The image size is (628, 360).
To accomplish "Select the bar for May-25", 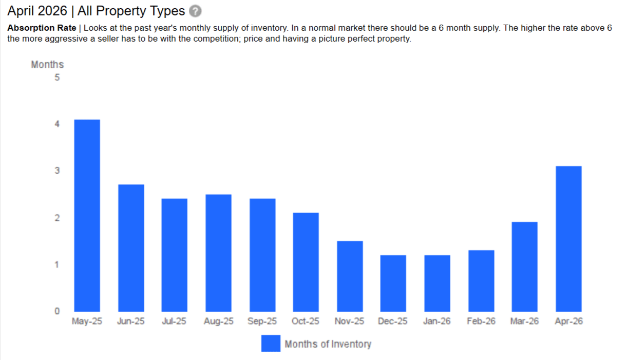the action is tap(87, 215).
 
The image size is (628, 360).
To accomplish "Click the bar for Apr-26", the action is tap(568, 239).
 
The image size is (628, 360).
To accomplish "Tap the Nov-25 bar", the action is tap(350, 276).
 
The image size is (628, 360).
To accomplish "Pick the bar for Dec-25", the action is tap(393, 283).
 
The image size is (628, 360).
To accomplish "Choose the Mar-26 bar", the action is tap(525, 267).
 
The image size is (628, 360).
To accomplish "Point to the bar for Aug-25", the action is tap(218, 253).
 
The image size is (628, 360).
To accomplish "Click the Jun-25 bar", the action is tap(131, 248).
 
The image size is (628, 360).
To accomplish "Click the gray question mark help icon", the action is tap(195, 11).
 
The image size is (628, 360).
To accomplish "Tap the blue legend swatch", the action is tap(271, 343).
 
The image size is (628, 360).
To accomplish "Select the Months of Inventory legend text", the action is tap(328, 344).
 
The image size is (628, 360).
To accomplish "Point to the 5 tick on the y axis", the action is tap(57, 78).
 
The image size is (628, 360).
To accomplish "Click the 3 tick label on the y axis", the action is tap(57, 170).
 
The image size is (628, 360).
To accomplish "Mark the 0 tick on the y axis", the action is tap(57, 311).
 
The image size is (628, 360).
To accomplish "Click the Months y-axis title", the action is tap(47, 65).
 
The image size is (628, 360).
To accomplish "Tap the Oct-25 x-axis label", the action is tap(306, 321).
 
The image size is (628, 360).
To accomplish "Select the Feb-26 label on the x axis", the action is tap(481, 321).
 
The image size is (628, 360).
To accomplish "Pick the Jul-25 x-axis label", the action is tap(174, 321).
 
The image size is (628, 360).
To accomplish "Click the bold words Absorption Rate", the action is tap(42, 28).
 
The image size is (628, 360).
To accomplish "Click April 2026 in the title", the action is tap(37, 11).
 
